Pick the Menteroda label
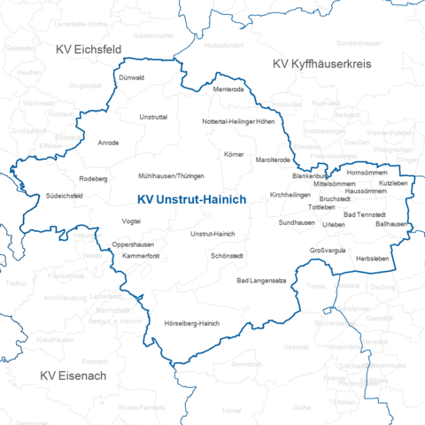coord(228,89)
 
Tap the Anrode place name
coord(109,142)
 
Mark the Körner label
coord(234,154)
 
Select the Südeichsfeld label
coord(66,196)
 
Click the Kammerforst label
coord(141,255)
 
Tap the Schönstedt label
coord(228,256)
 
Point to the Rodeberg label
coord(93,178)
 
